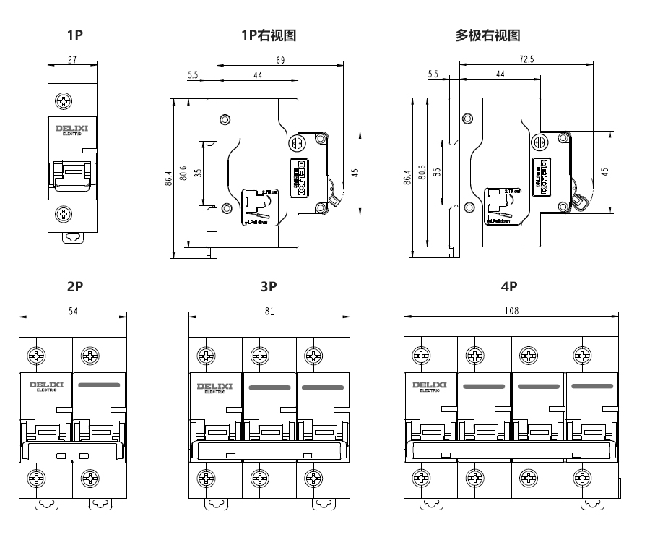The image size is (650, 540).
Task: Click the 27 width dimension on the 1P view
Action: point(72,59)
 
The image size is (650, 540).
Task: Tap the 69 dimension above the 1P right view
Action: point(279,59)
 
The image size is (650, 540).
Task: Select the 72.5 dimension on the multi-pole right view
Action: point(526,59)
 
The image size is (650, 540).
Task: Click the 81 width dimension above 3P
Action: point(269,312)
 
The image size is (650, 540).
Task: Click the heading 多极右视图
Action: point(487,35)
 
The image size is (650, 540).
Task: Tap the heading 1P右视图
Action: point(269,35)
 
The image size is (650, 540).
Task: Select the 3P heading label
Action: point(269,286)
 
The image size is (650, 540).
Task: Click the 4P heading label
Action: point(509,286)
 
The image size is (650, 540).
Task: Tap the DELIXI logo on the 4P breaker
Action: point(429,386)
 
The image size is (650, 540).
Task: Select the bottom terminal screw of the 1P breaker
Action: point(64,214)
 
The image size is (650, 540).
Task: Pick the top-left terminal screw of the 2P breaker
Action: point(36,356)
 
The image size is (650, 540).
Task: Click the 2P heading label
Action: point(75,286)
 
